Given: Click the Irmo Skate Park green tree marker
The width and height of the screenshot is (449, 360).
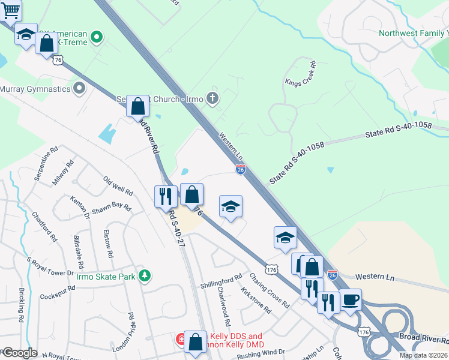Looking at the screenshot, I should click(x=144, y=276).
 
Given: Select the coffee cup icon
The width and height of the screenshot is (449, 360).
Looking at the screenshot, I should click(x=350, y=299).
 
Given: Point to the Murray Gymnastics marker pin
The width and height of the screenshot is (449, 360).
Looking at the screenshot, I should click(x=79, y=89).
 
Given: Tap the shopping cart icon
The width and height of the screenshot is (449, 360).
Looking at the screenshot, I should click(x=10, y=10).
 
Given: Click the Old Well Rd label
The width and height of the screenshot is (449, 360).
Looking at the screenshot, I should click(x=118, y=185).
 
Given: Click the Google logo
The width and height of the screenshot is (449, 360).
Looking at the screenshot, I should click(x=19, y=353).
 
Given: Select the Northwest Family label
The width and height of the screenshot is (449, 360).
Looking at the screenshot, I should click(x=414, y=33).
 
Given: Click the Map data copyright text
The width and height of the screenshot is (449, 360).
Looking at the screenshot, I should click(x=423, y=355).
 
